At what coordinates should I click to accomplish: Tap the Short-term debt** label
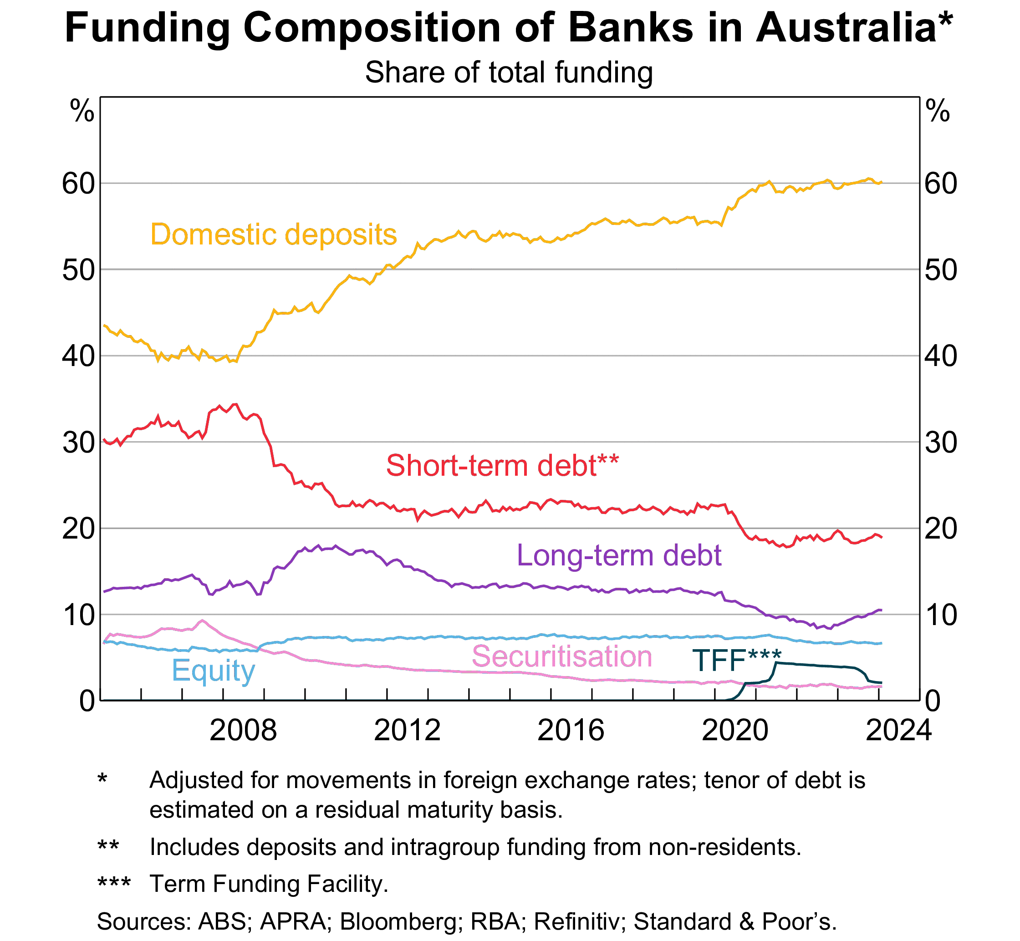click(x=502, y=465)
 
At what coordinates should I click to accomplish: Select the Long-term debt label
click(x=619, y=555)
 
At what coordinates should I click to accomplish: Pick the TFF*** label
click(x=736, y=660)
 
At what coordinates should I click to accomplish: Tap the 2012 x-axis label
click(x=407, y=731)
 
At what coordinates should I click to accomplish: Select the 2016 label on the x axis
click(x=571, y=731)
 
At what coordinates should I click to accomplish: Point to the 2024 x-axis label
click(x=898, y=731)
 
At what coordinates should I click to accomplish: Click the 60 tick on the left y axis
click(x=78, y=184)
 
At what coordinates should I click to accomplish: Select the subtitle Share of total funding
click(x=509, y=72)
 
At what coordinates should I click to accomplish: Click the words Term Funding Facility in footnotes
click(x=267, y=884)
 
